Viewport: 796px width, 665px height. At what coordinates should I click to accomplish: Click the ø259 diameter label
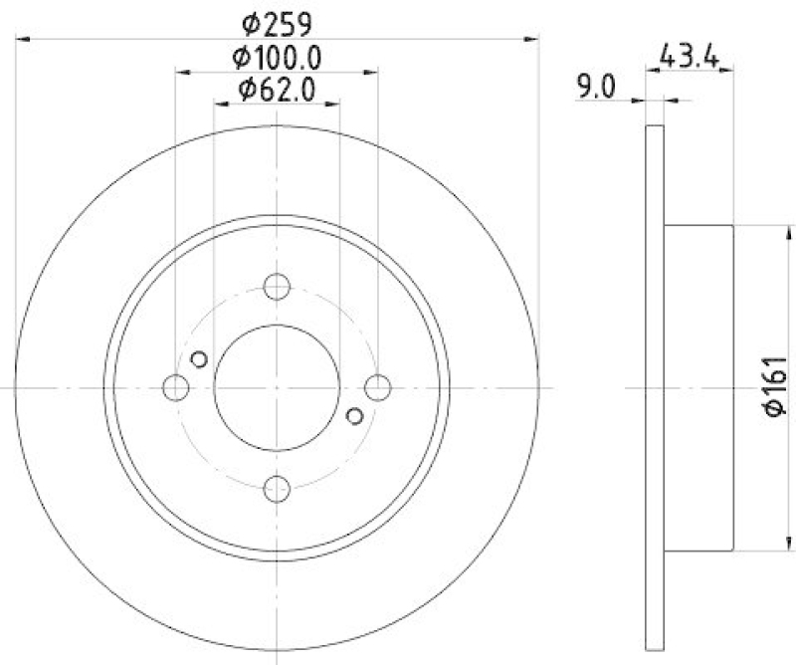tap(277, 21)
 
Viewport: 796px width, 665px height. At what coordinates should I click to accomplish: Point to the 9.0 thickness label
tap(595, 89)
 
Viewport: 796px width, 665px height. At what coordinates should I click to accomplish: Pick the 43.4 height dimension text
tap(691, 55)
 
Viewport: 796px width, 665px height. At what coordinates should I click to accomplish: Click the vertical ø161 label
tap(775, 387)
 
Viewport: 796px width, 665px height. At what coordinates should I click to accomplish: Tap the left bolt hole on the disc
tap(176, 387)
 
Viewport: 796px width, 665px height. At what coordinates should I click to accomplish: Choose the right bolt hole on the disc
tap(377, 387)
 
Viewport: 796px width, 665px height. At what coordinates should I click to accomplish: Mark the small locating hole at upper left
tap(198, 359)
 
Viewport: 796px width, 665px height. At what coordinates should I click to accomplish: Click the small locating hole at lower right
tap(355, 416)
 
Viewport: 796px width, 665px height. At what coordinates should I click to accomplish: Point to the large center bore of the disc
tap(277, 387)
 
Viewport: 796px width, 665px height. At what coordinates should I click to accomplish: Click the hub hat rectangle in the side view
tap(697, 387)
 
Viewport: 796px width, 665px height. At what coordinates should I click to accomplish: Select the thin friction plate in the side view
tap(654, 387)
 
